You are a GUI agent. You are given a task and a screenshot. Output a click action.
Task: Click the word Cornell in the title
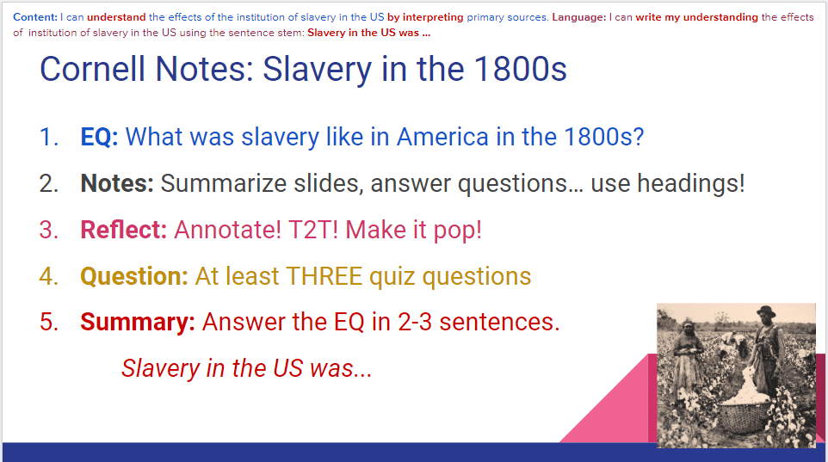tap(92, 69)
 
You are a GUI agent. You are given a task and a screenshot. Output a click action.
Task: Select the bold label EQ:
tap(99, 137)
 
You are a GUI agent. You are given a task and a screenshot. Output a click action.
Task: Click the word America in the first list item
tap(442, 137)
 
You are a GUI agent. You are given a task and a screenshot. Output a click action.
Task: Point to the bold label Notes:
tap(117, 183)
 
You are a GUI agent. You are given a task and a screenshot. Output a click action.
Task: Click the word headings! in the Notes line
tap(690, 184)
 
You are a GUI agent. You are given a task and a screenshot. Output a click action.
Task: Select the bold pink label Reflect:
tap(124, 230)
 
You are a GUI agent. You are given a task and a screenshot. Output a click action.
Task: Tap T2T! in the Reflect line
tap(313, 230)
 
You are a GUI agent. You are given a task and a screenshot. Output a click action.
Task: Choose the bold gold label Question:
tap(134, 276)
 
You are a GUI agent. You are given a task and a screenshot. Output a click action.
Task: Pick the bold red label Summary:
tap(138, 322)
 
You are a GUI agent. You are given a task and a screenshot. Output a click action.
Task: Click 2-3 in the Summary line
tap(415, 322)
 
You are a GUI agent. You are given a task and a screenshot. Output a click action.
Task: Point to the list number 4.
tap(48, 276)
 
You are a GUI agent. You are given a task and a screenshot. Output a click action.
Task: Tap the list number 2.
tap(48, 183)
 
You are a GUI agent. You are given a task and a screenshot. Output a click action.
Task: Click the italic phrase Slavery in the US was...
tap(247, 368)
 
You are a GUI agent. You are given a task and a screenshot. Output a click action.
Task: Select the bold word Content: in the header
tap(34, 17)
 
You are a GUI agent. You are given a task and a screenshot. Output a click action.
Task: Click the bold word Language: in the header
tap(578, 17)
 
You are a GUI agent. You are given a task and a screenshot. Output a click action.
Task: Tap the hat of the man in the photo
tap(766, 311)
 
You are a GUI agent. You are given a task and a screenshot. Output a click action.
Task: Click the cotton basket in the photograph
tap(745, 416)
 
